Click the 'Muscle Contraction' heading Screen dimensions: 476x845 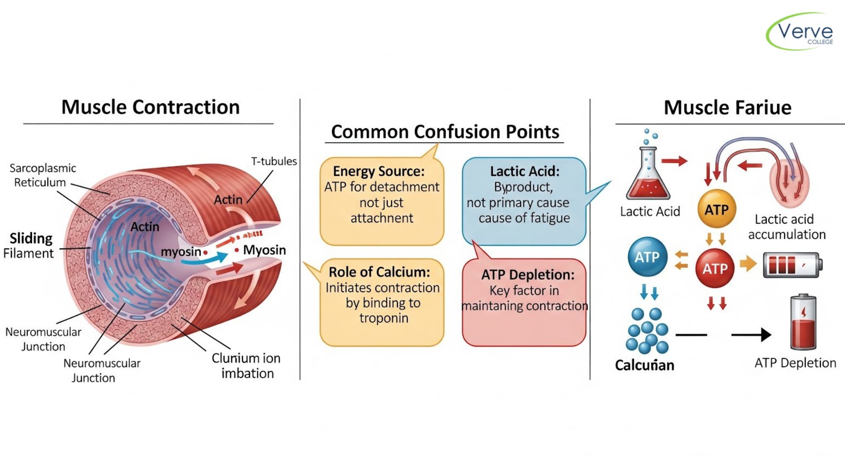point(150,107)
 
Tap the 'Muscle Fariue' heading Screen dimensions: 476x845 point(727,108)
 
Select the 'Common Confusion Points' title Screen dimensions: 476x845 point(445,131)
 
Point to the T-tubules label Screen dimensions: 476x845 point(274,161)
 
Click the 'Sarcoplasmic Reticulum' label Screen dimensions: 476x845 point(42,175)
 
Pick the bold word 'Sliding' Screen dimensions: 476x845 point(31,238)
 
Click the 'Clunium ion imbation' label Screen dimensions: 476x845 point(246,365)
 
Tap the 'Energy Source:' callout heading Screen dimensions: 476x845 point(378,171)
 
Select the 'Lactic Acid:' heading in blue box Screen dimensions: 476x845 point(525,171)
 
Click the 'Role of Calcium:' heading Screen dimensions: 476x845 point(379,272)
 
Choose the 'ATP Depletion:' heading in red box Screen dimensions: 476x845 point(528,275)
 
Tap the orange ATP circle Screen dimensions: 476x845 point(716,209)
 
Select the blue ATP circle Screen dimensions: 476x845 point(647,257)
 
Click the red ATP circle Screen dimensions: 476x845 point(715,268)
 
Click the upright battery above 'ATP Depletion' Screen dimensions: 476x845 point(803,323)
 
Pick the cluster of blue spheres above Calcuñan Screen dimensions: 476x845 point(647,331)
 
